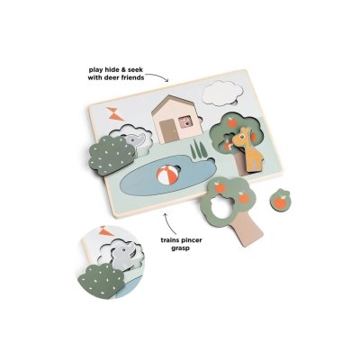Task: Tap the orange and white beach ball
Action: tap(167, 175)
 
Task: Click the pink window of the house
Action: tap(185, 122)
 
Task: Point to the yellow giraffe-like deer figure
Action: tap(248, 149)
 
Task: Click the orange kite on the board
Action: tap(115, 114)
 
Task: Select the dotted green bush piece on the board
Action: tap(112, 155)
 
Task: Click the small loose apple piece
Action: tap(281, 199)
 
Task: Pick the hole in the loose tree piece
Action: tap(221, 206)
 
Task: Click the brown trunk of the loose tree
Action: tap(245, 227)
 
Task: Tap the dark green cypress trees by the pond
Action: tap(199, 149)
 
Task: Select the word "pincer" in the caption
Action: tap(190, 240)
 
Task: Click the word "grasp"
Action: tap(181, 248)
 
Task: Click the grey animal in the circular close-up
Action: tap(122, 256)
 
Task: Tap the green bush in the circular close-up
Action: tap(101, 279)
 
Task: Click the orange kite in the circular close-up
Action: tap(106, 230)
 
